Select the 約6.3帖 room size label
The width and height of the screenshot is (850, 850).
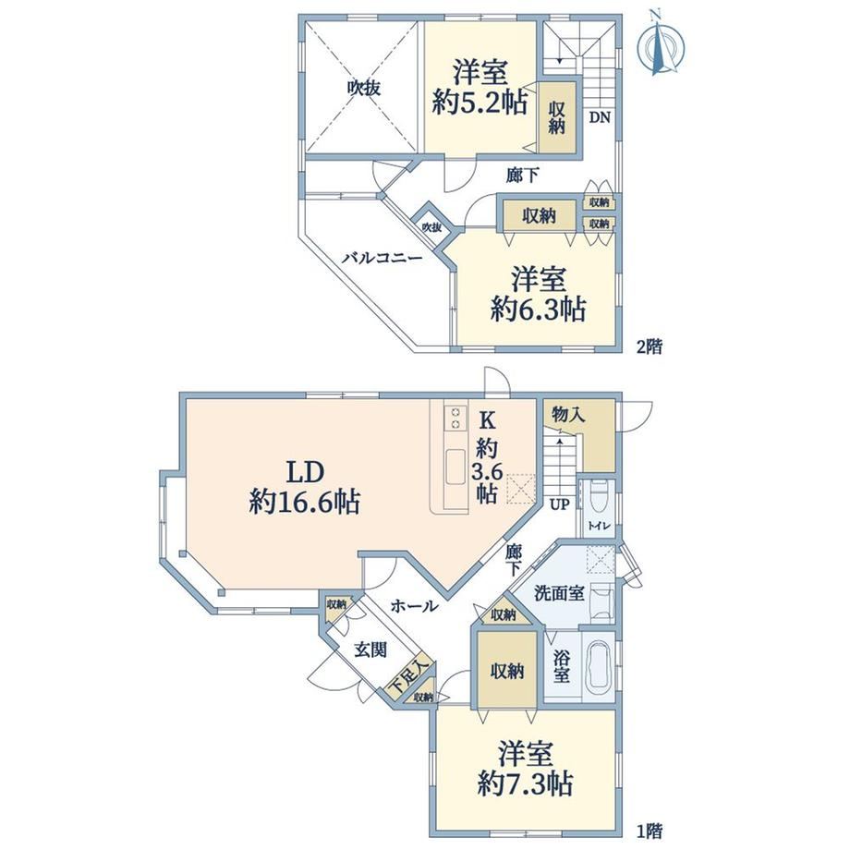click(538, 310)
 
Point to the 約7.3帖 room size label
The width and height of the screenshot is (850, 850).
click(525, 783)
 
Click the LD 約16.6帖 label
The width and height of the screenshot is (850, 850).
click(305, 487)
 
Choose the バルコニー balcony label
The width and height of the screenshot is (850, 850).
click(382, 258)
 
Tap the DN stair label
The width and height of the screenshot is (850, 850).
click(600, 117)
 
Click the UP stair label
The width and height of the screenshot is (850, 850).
click(560, 504)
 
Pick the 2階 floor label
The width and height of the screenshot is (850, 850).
click(650, 346)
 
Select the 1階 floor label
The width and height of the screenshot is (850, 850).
click(650, 830)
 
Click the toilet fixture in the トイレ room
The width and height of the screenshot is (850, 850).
click(598, 495)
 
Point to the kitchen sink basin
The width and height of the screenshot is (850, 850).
click(455, 468)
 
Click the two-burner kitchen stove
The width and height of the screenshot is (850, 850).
click(455, 418)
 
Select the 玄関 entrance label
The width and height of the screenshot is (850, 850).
click(371, 649)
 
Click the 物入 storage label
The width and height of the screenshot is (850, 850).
click(568, 415)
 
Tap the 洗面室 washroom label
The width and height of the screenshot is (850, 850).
click(560, 593)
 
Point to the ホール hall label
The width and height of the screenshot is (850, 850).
click(414, 605)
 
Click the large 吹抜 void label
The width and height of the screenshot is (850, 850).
click(364, 88)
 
